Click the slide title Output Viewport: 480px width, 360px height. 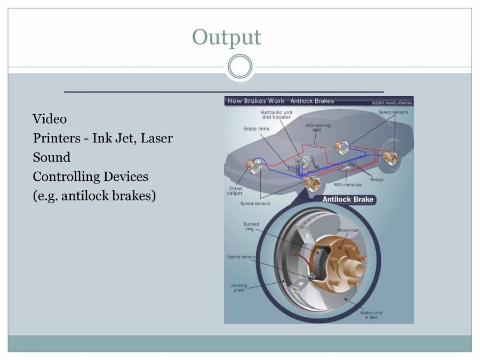226,37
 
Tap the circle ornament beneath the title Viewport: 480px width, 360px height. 239,67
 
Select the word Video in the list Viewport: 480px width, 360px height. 50,118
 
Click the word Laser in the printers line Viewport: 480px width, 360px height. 156,138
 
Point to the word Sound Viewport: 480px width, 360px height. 51,157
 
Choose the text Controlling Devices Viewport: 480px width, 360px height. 90,177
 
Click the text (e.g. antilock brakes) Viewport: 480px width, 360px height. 94,196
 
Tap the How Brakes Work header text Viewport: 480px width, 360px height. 256,101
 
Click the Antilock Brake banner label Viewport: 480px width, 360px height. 348,199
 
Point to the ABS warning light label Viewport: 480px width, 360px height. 318,127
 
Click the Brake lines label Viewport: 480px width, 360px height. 256,129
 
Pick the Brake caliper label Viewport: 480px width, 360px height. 235,190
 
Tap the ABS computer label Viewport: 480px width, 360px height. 348,185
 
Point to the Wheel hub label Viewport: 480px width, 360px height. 348,230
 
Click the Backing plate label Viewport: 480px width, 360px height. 239,287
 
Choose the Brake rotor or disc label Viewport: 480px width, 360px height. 371,315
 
